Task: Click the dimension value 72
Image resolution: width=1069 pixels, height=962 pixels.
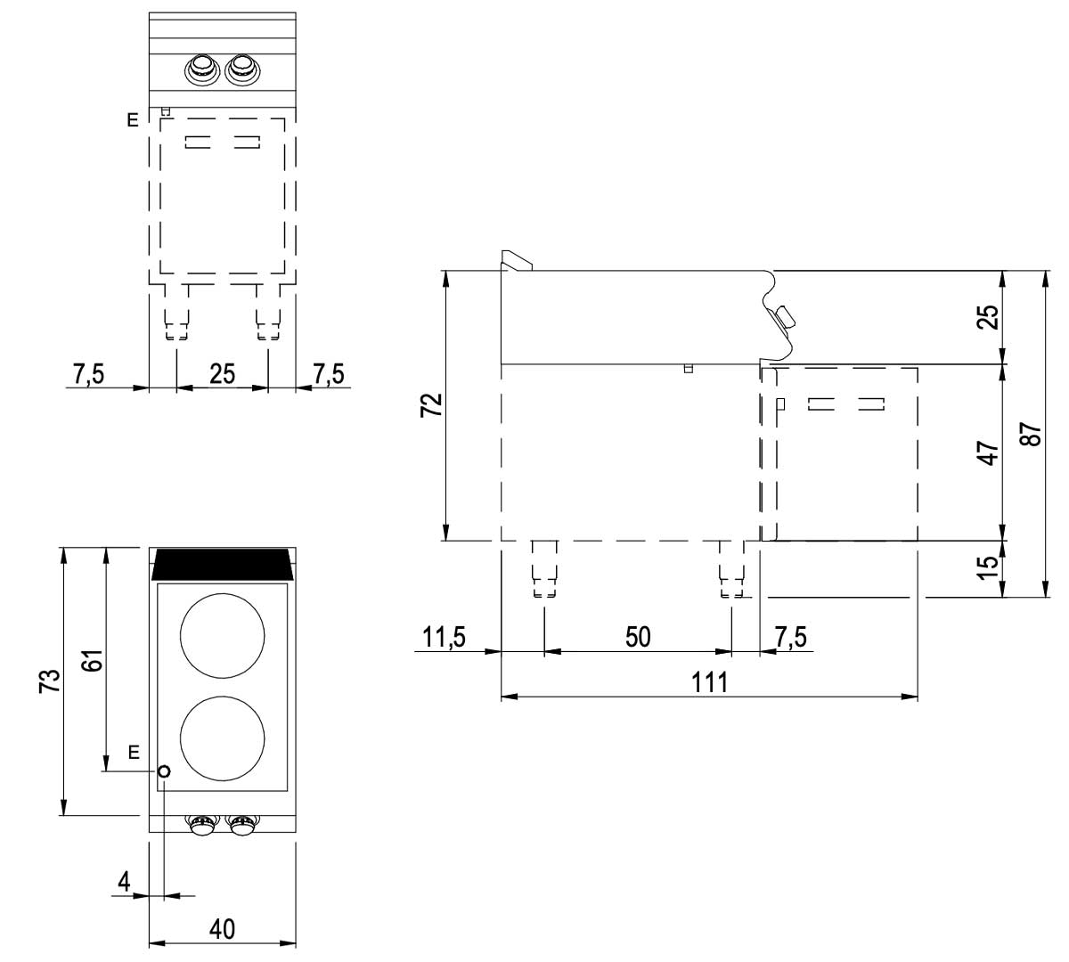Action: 431,405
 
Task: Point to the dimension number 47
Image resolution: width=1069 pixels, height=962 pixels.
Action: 988,452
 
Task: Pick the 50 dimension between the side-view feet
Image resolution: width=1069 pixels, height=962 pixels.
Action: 638,637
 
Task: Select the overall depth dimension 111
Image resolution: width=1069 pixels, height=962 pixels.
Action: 710,683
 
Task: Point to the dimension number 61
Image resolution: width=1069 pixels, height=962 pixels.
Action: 94,660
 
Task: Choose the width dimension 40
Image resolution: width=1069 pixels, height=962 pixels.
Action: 222,929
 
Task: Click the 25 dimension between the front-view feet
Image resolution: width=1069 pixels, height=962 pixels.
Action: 222,374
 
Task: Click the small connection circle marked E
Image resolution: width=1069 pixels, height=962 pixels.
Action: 164,771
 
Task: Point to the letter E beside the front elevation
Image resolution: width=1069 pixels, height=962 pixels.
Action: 133,120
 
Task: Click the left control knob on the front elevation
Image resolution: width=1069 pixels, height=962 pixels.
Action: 202,69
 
